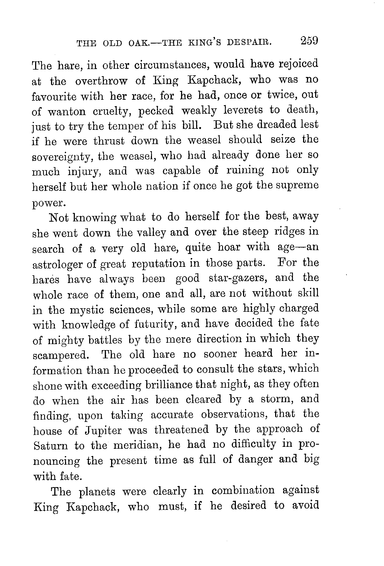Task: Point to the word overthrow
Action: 101,81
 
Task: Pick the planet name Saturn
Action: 50,445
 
